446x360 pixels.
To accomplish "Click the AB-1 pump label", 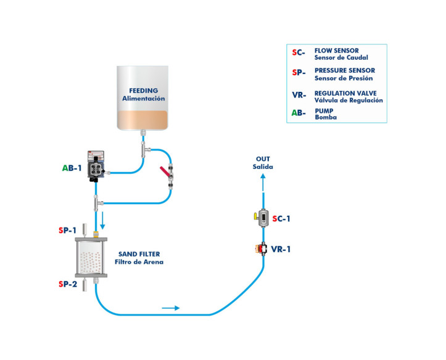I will point(72,168).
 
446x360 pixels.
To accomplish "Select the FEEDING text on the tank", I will point(143,91).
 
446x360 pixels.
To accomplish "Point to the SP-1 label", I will point(68,231).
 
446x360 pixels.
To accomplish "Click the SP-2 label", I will point(68,284).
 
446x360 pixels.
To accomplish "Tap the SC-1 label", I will point(281,218).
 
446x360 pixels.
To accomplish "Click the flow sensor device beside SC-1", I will point(263,218).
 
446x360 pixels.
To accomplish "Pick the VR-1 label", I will point(281,250).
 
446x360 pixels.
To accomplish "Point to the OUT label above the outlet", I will point(262,159).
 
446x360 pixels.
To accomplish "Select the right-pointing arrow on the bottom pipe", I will point(171,307).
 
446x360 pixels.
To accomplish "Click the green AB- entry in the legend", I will point(299,113).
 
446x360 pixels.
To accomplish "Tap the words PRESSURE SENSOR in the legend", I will point(344,71).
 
